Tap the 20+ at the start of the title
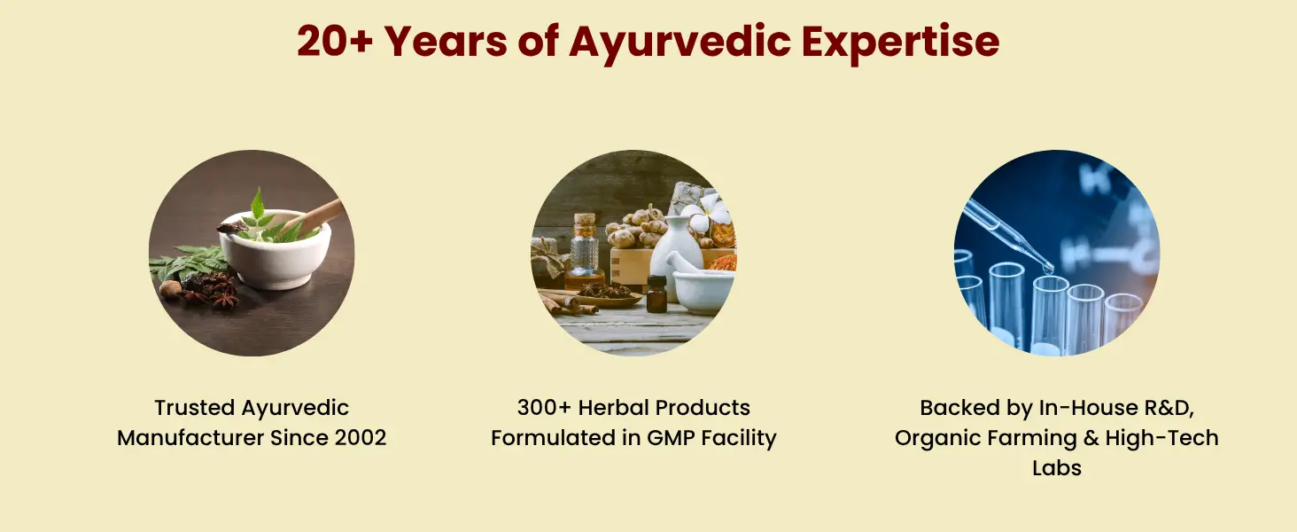pos(334,42)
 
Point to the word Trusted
pos(195,407)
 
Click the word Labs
pos(1057,467)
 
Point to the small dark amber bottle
pos(656,293)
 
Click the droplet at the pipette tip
pos(1047,269)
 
